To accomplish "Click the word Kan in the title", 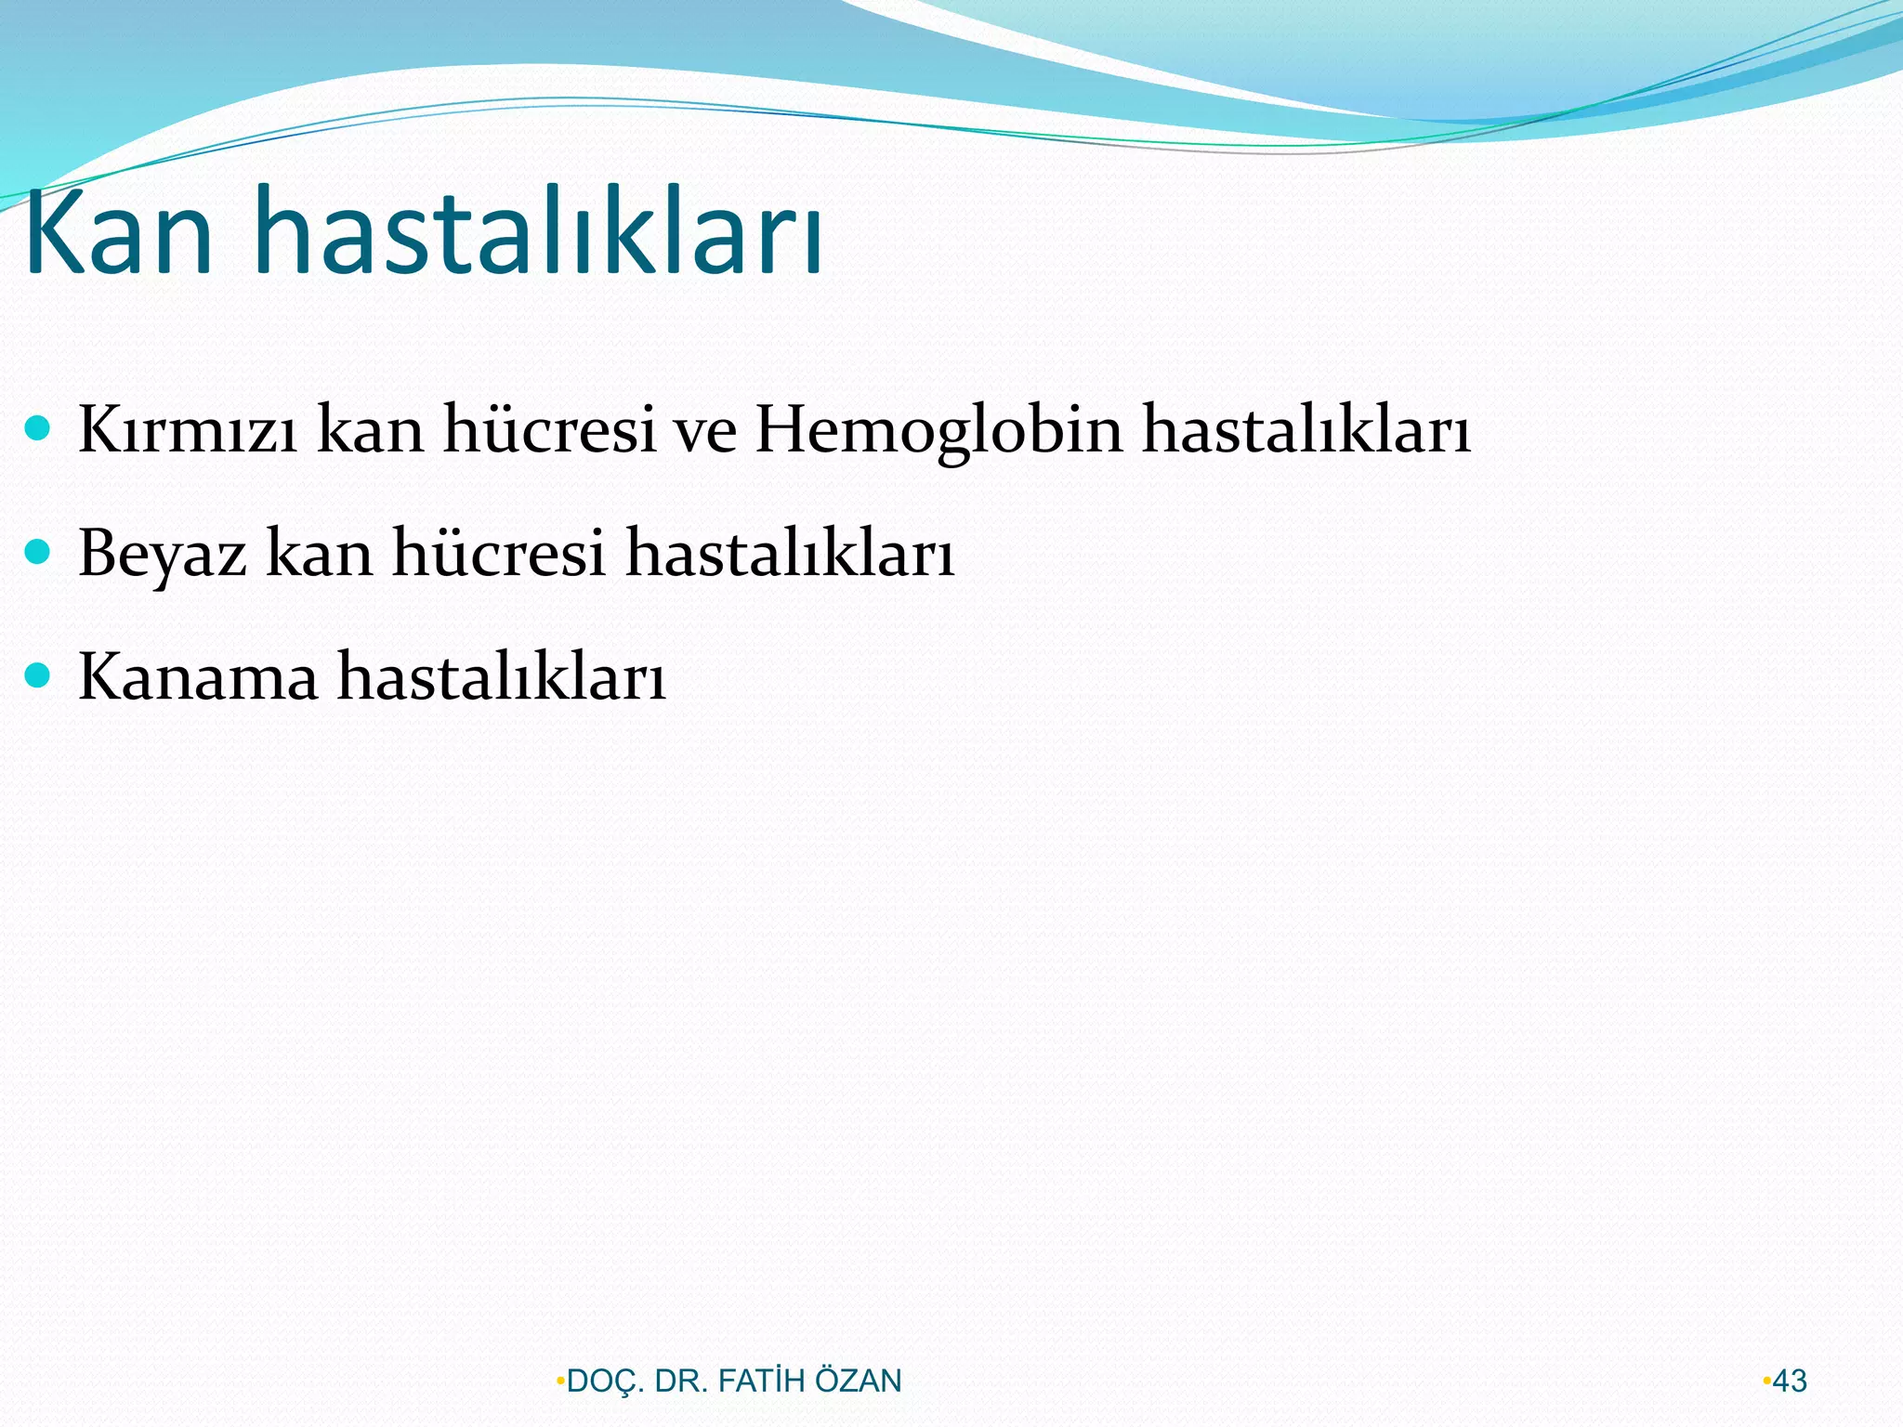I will point(119,232).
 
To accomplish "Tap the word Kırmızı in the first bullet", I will point(188,430).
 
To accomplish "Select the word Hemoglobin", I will point(938,430).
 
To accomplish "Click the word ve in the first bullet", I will point(705,430).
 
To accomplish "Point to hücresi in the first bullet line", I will point(549,430).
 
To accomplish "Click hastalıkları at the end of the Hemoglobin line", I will point(1306,430).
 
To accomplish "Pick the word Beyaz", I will point(163,554).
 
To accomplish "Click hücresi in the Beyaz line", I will point(499,554).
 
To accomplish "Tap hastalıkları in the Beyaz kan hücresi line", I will point(790,554).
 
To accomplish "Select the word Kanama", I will point(198,676).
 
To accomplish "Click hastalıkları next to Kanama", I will point(501,676).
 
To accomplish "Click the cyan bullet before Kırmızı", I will point(37,427).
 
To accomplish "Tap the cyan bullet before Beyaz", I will point(37,552).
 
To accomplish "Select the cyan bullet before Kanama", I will point(37,674).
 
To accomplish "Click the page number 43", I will point(1789,1381).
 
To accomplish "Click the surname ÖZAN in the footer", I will point(858,1381).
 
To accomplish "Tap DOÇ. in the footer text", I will point(605,1381).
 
